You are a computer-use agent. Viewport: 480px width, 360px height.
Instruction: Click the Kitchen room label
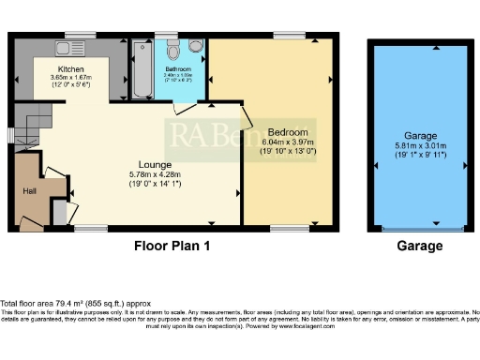(71, 69)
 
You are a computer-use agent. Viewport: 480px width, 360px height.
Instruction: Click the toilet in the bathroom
(194, 46)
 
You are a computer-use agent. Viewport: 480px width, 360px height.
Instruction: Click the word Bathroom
(178, 69)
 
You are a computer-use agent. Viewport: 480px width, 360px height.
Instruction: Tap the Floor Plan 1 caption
(171, 247)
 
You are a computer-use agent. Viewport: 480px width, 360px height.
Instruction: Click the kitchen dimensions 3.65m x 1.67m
(71, 81)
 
